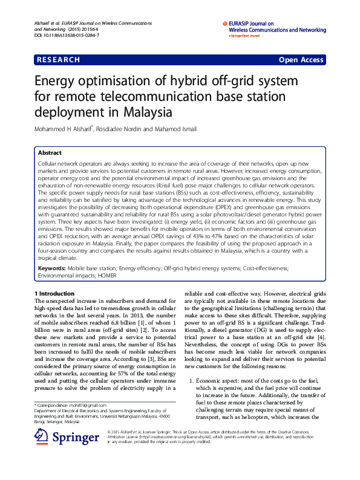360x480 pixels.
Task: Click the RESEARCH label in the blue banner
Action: click(59, 60)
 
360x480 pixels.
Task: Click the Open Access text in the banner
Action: click(301, 60)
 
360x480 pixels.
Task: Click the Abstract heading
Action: click(50, 154)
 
